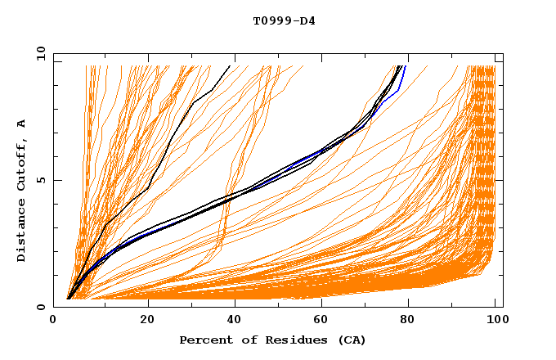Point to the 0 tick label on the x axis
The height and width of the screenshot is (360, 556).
click(54, 322)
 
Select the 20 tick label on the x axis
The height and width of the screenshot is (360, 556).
click(142, 322)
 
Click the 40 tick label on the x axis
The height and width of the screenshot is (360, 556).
click(231, 322)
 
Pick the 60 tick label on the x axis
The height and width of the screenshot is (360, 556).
click(319, 322)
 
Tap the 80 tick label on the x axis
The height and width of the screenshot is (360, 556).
click(407, 322)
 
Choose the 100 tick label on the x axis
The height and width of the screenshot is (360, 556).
click(494, 322)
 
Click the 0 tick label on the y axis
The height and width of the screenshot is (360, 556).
click(42, 307)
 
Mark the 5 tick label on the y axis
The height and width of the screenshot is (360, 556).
click(42, 180)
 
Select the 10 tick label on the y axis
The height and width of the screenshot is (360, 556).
click(39, 53)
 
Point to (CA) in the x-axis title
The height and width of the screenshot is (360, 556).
click(350, 340)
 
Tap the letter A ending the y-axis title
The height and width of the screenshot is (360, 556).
click(21, 123)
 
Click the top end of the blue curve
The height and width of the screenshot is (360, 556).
click(405, 66)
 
